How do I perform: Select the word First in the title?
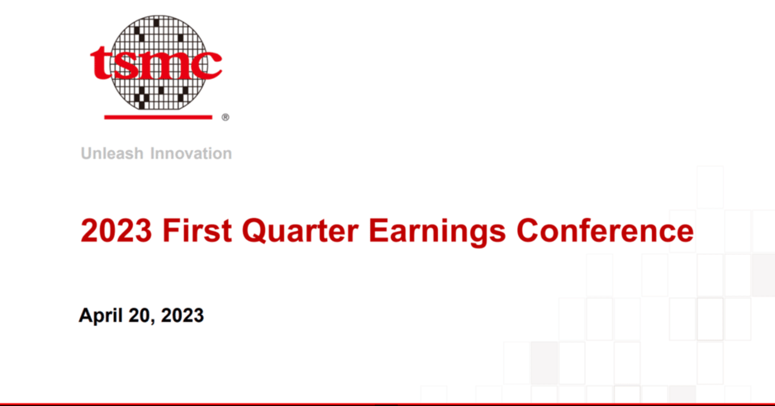tap(197, 231)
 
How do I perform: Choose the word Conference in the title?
tap(605, 231)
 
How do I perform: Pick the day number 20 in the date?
tap(140, 315)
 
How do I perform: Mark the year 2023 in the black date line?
tap(182, 315)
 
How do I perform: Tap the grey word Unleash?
tap(113, 153)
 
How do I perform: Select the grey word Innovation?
tap(191, 153)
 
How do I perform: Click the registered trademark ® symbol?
tap(225, 118)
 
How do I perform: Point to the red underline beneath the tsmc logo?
tap(158, 116)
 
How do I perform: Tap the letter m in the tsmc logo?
tap(166, 65)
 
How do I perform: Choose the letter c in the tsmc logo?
tap(206, 65)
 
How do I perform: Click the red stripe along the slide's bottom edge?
tap(387, 404)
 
